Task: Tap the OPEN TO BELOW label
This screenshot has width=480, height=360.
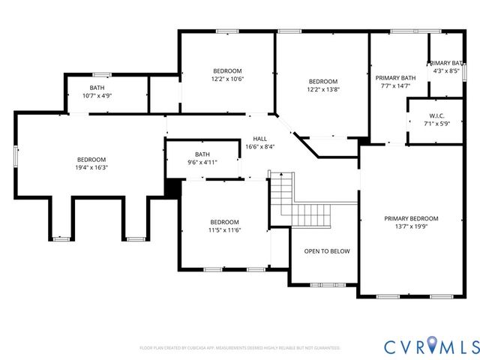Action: pyautogui.click(x=326, y=251)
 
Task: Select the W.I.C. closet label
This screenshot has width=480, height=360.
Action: pyautogui.click(x=438, y=115)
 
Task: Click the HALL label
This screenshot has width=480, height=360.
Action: pyautogui.click(x=259, y=139)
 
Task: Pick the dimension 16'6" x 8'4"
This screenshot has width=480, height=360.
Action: pyautogui.click(x=259, y=147)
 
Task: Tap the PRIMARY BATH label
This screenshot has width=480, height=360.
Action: pyautogui.click(x=395, y=78)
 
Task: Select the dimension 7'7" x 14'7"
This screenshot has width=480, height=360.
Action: pyautogui.click(x=395, y=86)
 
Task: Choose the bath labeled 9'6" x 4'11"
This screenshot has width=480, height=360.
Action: pyautogui.click(x=202, y=158)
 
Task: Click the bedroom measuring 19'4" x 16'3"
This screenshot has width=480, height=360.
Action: pyautogui.click(x=91, y=163)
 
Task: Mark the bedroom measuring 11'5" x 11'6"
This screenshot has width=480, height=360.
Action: pyautogui.click(x=224, y=226)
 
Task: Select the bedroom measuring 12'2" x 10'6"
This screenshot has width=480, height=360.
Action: pyautogui.click(x=227, y=73)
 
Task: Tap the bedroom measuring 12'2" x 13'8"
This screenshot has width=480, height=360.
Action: pyautogui.click(x=323, y=85)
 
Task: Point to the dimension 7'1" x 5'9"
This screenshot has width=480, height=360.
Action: pyautogui.click(x=438, y=124)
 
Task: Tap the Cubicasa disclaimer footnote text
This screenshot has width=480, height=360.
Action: pyautogui.click(x=240, y=348)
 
